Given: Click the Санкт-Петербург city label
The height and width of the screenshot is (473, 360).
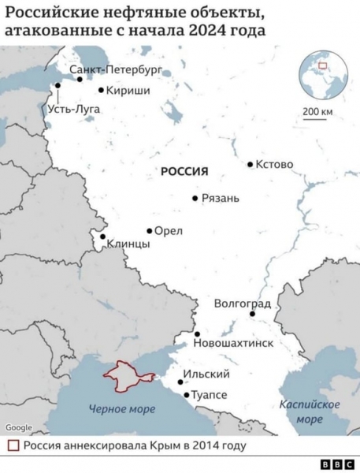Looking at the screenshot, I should pyautogui.click(x=115, y=70).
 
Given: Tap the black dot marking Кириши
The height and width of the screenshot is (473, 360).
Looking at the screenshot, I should pyautogui.click(x=101, y=90).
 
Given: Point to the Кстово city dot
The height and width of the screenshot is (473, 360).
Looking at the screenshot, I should pyautogui.click(x=250, y=165).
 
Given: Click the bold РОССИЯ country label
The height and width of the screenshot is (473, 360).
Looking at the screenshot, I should pyautogui.click(x=184, y=171).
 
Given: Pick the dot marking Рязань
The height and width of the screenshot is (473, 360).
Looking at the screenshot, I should pyautogui.click(x=195, y=198).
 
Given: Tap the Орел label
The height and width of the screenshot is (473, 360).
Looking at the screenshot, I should pyautogui.click(x=169, y=231).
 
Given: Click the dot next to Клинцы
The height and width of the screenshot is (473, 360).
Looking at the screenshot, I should pyautogui.click(x=102, y=236).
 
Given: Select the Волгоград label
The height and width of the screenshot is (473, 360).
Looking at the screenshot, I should pyautogui.click(x=243, y=304).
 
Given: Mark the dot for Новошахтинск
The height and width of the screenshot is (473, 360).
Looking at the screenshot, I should pyautogui.click(x=197, y=334).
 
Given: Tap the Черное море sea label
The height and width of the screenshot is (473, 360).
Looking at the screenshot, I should pyautogui.click(x=122, y=408).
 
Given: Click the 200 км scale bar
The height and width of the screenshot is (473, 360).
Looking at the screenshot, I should pyautogui.click(x=317, y=120).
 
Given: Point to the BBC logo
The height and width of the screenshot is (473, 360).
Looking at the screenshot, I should pyautogui.click(x=336, y=465).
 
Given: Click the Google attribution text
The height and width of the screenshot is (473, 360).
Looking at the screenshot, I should pyautogui.click(x=19, y=428).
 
